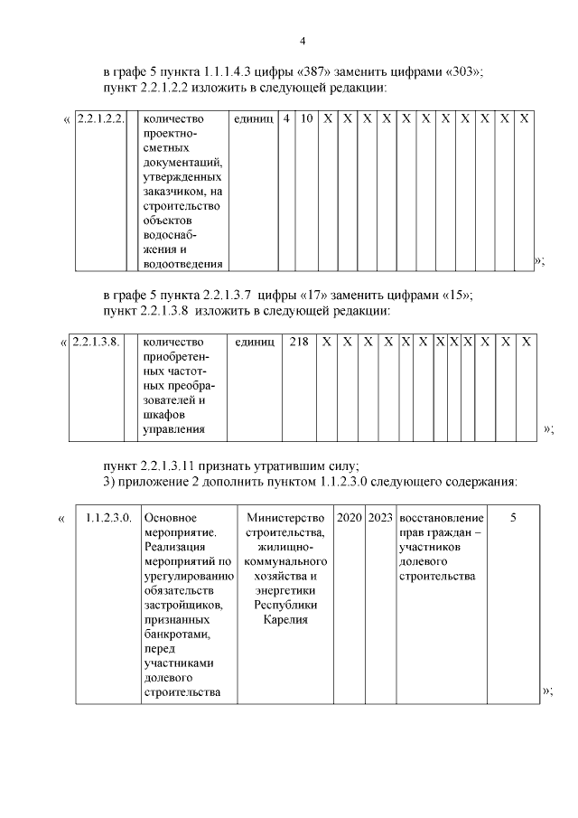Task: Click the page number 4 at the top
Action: point(303,41)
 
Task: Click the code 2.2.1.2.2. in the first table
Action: point(99,118)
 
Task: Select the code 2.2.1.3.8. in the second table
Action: point(95,342)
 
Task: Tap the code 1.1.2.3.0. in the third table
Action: point(108,518)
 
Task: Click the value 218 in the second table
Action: point(298,342)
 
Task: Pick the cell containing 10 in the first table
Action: point(307,118)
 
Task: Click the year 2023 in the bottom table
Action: point(380,518)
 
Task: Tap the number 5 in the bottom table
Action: point(513,518)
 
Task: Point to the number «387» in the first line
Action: point(316,71)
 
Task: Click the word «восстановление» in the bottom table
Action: point(441,518)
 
